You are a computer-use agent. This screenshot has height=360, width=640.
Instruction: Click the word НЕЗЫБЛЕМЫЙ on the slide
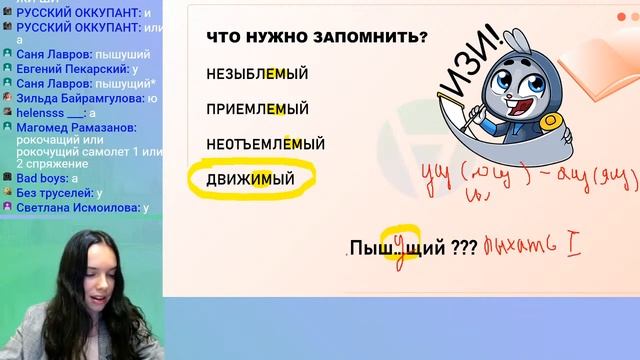coord(257,73)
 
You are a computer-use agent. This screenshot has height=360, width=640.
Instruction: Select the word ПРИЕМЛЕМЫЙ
coord(257,109)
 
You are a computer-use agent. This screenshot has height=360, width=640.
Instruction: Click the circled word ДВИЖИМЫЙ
coord(251,180)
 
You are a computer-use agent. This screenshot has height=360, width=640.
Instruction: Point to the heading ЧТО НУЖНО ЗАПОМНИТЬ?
coord(317,37)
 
